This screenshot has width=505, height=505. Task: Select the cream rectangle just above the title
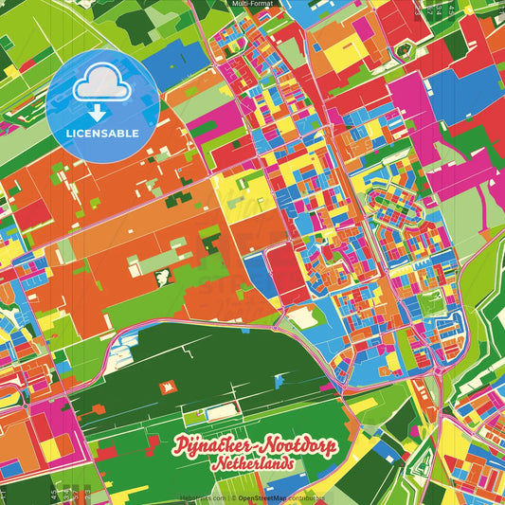tap(222, 412)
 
